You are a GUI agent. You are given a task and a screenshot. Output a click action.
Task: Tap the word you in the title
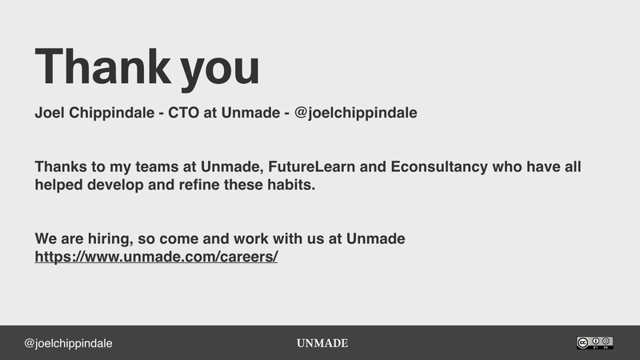click(x=220, y=70)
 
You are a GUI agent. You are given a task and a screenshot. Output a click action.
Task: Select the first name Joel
click(x=50, y=113)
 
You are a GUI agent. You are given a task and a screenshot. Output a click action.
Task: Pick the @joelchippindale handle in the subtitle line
click(x=356, y=113)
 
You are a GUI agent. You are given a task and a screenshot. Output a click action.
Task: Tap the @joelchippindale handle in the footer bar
click(x=68, y=343)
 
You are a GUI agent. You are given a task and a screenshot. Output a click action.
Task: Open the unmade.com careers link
click(x=156, y=258)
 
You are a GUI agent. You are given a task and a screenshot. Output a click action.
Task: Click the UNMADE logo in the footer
click(x=322, y=343)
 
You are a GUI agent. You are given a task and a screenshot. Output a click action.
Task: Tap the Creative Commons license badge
click(x=594, y=342)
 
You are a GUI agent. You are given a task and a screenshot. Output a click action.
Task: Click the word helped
click(x=58, y=185)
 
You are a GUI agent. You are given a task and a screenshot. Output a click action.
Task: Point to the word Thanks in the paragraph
click(x=60, y=168)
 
